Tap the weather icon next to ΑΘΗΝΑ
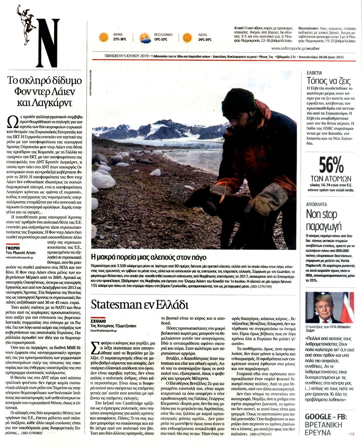(x=103, y=37)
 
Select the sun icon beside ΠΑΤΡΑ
(x=187, y=37)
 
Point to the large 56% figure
(x=330, y=165)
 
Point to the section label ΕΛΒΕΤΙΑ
(x=316, y=72)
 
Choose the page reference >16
(x=351, y=434)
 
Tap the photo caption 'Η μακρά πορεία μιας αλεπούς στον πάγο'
(x=149, y=258)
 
